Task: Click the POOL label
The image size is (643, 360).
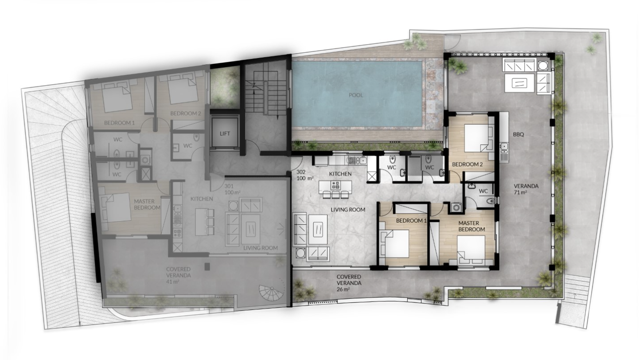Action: [356, 95]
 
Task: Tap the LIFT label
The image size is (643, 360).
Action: [225, 133]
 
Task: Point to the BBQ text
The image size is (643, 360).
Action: [518, 134]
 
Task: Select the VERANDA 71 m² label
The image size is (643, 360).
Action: [526, 189]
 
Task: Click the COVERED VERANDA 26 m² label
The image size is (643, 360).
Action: [349, 283]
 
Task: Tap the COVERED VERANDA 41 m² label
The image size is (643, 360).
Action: [178, 275]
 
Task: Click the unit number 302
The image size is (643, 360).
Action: [301, 172]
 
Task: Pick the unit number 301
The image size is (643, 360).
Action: [229, 186]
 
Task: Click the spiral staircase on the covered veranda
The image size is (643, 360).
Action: [270, 293]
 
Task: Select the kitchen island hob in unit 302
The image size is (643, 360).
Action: [335, 185]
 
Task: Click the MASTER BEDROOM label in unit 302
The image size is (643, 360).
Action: [472, 226]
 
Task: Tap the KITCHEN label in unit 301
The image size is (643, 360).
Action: [202, 199]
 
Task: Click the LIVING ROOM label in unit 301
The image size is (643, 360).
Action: [261, 248]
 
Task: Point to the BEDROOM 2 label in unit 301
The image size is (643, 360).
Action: [186, 113]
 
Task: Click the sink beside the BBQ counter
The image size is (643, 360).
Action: [504, 147]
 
